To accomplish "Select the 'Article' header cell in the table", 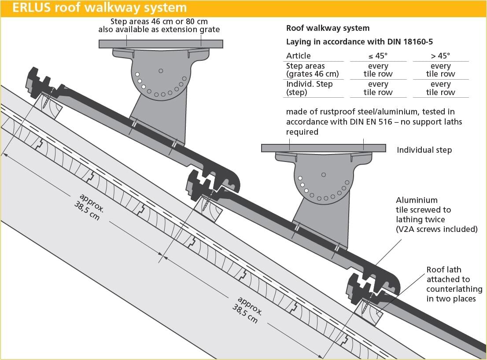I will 299,55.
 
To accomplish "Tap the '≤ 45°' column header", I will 378,55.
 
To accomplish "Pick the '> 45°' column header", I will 440,55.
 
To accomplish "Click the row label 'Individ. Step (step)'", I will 309,88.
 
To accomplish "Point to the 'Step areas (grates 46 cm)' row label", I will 312,70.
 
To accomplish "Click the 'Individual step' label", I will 424,150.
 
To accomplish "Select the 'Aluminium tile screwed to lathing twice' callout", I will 436,214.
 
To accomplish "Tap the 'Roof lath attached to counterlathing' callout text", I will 454,284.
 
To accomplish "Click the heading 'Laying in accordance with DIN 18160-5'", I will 359,42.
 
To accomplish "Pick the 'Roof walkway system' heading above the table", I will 328,28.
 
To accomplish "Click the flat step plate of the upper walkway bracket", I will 161,44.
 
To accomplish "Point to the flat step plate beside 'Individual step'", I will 323,148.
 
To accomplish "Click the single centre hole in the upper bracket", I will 161,70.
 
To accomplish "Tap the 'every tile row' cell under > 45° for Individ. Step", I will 440,88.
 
